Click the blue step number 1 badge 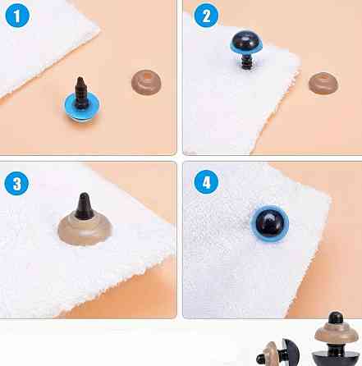pyautogui.click(x=17, y=16)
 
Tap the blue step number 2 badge pyautogui.click(x=206, y=16)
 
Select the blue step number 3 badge pyautogui.click(x=16, y=183)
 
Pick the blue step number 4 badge pyautogui.click(x=206, y=182)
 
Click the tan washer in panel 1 pyautogui.click(x=146, y=82)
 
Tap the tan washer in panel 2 pyautogui.click(x=323, y=84)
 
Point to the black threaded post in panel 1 pyautogui.click(x=80, y=92)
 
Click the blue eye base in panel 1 pyautogui.click(x=82, y=108)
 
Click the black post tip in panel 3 pyautogui.click(x=85, y=206)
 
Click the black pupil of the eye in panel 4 pyautogui.click(x=269, y=224)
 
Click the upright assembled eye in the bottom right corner pyautogui.click(x=336, y=339)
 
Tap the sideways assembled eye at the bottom pyautogui.click(x=277, y=353)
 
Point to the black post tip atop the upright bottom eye pyautogui.click(x=336, y=318)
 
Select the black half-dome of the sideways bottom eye pyautogui.click(x=291, y=353)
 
